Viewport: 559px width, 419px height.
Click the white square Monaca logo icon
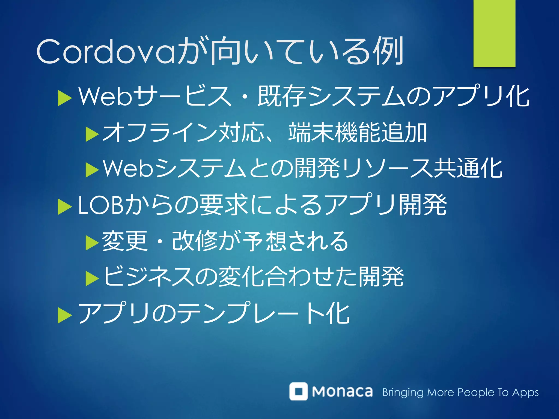coord(298,391)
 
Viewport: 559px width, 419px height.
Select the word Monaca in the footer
coord(342,392)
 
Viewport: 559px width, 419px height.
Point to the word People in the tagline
coord(476,393)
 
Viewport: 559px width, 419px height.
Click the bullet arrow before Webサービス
coord(64,98)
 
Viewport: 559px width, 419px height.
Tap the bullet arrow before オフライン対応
coord(92,134)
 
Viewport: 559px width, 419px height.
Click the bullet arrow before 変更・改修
coord(92,243)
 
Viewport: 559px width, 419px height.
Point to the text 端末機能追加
coord(358,133)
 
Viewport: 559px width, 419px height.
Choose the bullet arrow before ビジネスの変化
coord(92,279)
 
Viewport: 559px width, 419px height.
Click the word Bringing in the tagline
coord(403,393)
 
